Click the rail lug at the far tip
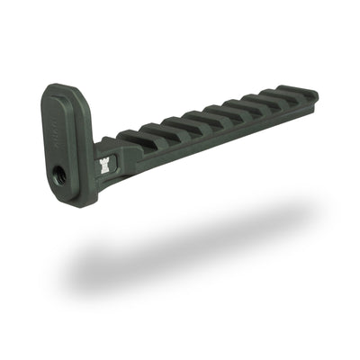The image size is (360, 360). click(x=298, y=92)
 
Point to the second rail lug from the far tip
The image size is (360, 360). click(x=272, y=98)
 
